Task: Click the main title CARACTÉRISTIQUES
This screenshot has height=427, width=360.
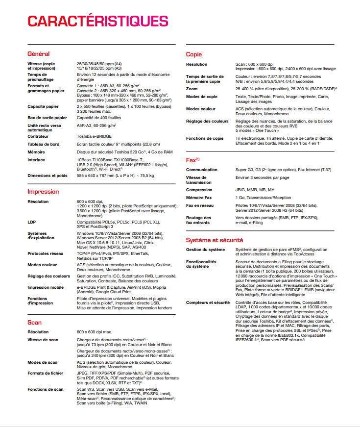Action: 97,21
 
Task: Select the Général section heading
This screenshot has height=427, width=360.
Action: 38,53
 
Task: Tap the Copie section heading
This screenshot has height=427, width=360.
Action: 194,54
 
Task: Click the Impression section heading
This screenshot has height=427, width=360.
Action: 43,192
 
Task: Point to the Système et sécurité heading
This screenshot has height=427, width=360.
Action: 215,240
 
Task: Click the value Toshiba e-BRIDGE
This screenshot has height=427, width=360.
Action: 95,137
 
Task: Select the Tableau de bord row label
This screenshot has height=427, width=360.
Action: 44,144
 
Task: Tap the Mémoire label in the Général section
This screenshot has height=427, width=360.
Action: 36,152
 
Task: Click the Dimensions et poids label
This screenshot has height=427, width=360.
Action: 48,176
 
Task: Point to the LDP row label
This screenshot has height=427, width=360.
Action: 32,222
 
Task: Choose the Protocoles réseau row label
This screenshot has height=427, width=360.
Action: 46,253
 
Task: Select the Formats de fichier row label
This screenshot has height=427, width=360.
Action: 46,373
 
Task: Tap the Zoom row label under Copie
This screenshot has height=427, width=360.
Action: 192,89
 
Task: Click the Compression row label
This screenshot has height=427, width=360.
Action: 199,189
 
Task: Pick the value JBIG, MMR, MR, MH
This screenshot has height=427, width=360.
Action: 255,189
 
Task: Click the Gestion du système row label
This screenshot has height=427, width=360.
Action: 206,250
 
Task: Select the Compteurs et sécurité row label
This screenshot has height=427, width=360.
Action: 208,302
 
